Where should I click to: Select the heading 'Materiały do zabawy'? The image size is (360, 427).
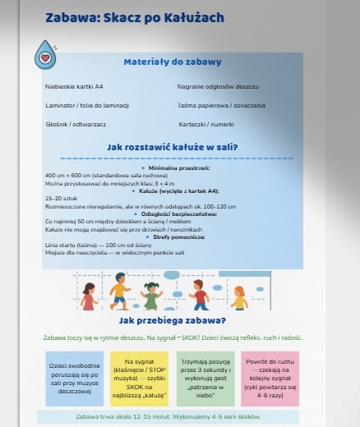pos(172,62)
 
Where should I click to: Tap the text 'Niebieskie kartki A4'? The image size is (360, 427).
pos(74,86)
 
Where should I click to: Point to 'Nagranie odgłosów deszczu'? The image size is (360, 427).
pos(218,86)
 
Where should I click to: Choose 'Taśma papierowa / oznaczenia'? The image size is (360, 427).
pos(221,105)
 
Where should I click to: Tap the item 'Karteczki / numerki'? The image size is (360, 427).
pos(205,124)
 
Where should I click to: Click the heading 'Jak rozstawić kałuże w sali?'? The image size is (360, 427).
pos(173,147)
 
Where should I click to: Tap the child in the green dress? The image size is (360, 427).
pos(154,293)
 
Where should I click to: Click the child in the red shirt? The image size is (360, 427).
pos(200,294)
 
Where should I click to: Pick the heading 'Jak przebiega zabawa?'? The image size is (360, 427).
pos(173,319)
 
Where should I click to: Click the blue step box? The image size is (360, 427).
pos(75,378)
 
